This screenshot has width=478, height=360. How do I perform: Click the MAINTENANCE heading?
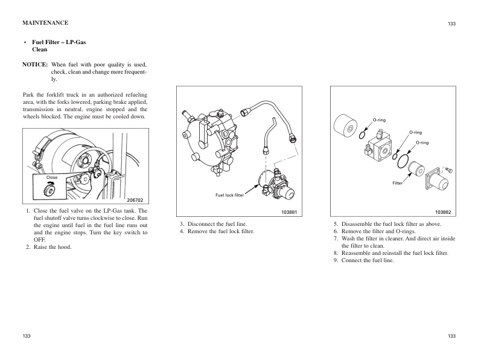(x=45, y=23)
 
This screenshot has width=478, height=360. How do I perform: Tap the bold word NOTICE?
(x=35, y=64)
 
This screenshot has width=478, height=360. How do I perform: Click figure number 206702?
(x=133, y=199)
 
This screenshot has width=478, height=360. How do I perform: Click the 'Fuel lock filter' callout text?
(x=229, y=195)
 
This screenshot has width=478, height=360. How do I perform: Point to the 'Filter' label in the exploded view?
(x=397, y=182)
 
